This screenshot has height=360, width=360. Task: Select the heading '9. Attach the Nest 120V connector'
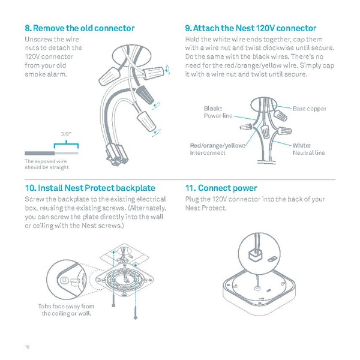pyautogui.click(x=251, y=28)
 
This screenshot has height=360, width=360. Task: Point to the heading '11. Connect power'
pyautogui.click(x=221, y=188)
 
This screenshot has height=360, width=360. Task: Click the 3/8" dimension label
pyautogui.click(x=67, y=134)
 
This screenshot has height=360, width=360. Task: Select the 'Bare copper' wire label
pyautogui.click(x=309, y=109)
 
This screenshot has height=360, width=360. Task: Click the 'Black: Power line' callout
pyautogui.click(x=218, y=112)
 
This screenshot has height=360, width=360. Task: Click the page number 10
pyautogui.click(x=27, y=346)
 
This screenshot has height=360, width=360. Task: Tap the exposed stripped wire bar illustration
pyautogui.click(x=51, y=152)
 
